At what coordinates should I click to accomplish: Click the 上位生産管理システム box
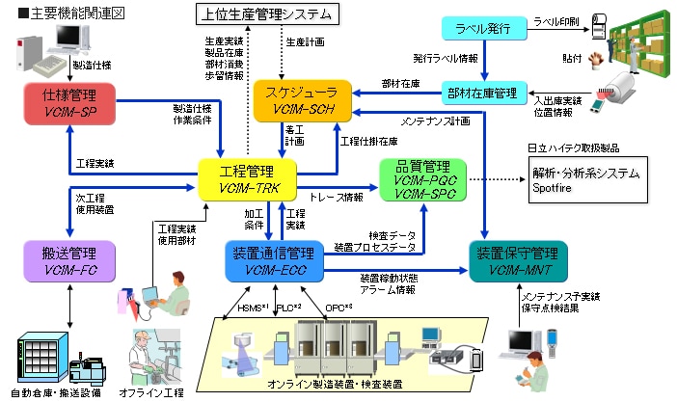tap(265, 13)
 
